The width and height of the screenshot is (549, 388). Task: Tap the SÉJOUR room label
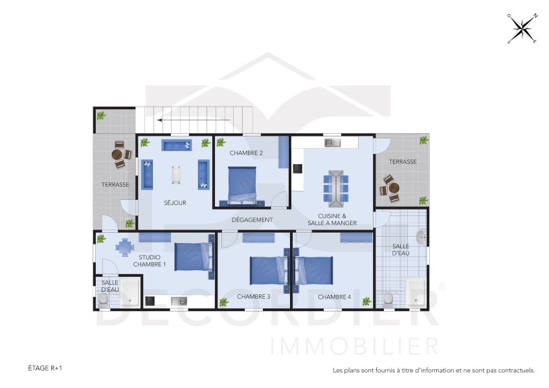point(175,203)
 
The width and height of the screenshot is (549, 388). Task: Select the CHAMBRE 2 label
point(246,153)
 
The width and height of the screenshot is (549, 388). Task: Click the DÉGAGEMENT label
point(252,220)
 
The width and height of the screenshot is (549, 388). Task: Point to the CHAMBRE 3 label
point(254,297)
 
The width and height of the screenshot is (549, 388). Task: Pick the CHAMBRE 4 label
point(334,297)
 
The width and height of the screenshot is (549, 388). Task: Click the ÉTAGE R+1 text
point(45,368)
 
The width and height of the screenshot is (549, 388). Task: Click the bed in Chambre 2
point(243,184)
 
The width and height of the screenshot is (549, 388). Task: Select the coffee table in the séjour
point(176,175)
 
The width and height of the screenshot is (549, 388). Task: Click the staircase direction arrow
point(194,120)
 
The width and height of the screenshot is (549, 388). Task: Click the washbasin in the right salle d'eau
point(421,237)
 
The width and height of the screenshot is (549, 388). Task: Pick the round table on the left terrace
point(118,155)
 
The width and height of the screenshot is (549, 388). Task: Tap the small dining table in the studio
point(125,246)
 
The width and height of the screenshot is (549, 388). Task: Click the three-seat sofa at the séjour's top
point(175,145)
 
